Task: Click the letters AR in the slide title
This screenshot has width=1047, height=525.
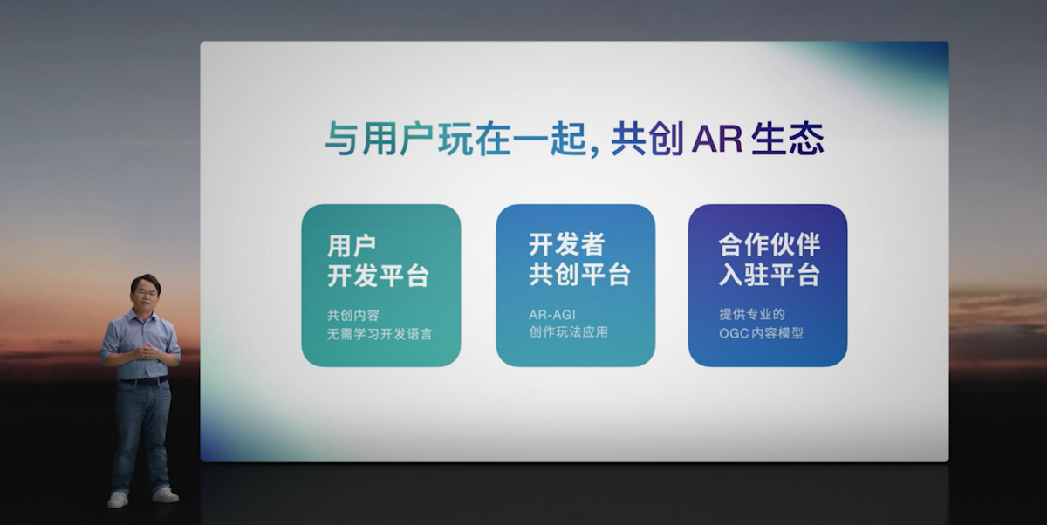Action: (716, 140)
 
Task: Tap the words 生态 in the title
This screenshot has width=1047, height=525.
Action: (788, 139)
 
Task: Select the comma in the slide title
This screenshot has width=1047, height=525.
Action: (595, 150)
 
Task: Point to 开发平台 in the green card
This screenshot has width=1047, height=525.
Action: (378, 276)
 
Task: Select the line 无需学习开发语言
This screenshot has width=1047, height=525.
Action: (380, 334)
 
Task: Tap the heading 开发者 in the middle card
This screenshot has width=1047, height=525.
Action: (566, 244)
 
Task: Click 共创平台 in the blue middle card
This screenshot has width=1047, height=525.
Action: (579, 274)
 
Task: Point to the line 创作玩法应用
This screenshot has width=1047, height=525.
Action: (568, 332)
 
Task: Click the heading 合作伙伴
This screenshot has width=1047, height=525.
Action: (769, 245)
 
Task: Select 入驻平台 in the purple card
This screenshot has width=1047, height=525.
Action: (769, 275)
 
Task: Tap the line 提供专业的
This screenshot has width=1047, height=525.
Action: (751, 314)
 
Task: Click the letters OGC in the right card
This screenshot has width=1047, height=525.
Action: (733, 333)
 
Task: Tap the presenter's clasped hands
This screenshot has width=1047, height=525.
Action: (147, 351)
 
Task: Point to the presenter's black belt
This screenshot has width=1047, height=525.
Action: (143, 381)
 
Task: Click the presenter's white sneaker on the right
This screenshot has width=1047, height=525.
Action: (165, 494)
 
